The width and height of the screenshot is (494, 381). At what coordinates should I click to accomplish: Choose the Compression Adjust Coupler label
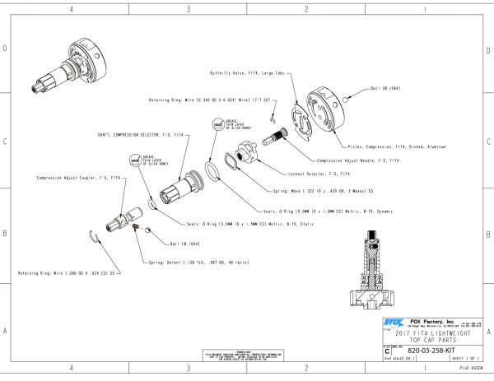pyautogui.click(x=68, y=178)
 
